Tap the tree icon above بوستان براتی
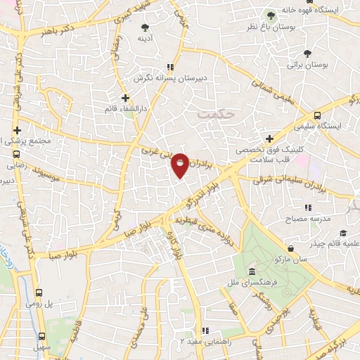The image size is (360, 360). click(307, 53)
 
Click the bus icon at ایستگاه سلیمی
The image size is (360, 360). click(317, 115)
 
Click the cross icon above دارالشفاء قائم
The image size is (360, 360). click(126, 98)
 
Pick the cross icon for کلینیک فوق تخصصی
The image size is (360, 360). click(269, 139)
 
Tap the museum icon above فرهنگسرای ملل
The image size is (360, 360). click(252, 273)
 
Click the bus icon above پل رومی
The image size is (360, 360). click(39, 294)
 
